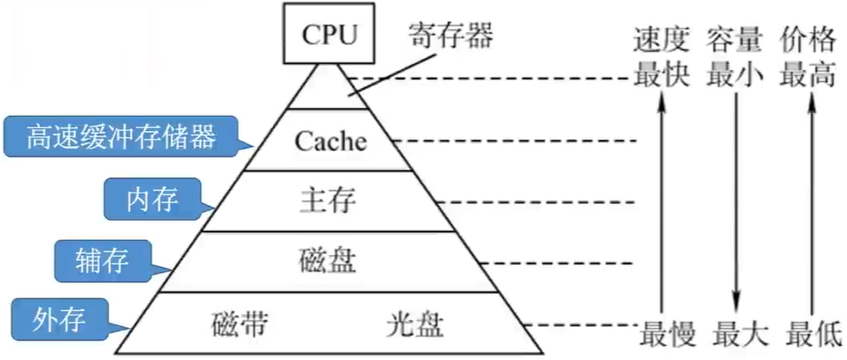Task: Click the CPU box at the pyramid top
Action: click(x=330, y=35)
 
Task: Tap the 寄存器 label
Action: click(x=451, y=35)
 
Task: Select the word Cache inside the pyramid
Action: click(x=331, y=142)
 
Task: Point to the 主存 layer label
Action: click(x=328, y=202)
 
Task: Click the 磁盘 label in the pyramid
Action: click(x=327, y=262)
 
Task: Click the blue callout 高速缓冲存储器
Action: click(x=120, y=137)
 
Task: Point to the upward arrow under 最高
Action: click(x=810, y=206)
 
